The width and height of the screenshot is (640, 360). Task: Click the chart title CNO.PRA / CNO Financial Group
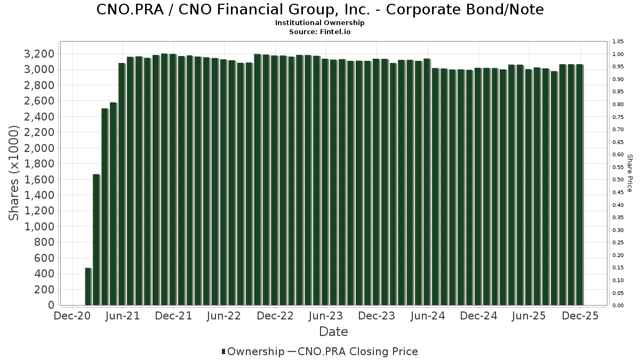(320, 10)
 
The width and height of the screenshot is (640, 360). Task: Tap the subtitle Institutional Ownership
(320, 23)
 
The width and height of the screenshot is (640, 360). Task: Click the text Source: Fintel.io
(320, 31)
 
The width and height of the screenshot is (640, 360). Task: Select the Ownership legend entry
(253, 351)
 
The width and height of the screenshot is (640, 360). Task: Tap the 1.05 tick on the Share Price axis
(618, 42)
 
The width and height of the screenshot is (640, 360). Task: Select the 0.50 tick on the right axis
(618, 180)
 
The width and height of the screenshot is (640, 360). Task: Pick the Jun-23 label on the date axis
(326, 316)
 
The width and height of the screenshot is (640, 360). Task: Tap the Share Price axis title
(629, 173)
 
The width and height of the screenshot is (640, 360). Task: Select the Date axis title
(333, 332)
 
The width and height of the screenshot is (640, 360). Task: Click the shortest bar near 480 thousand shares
(88, 286)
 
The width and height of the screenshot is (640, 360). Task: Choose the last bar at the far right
(579, 185)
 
